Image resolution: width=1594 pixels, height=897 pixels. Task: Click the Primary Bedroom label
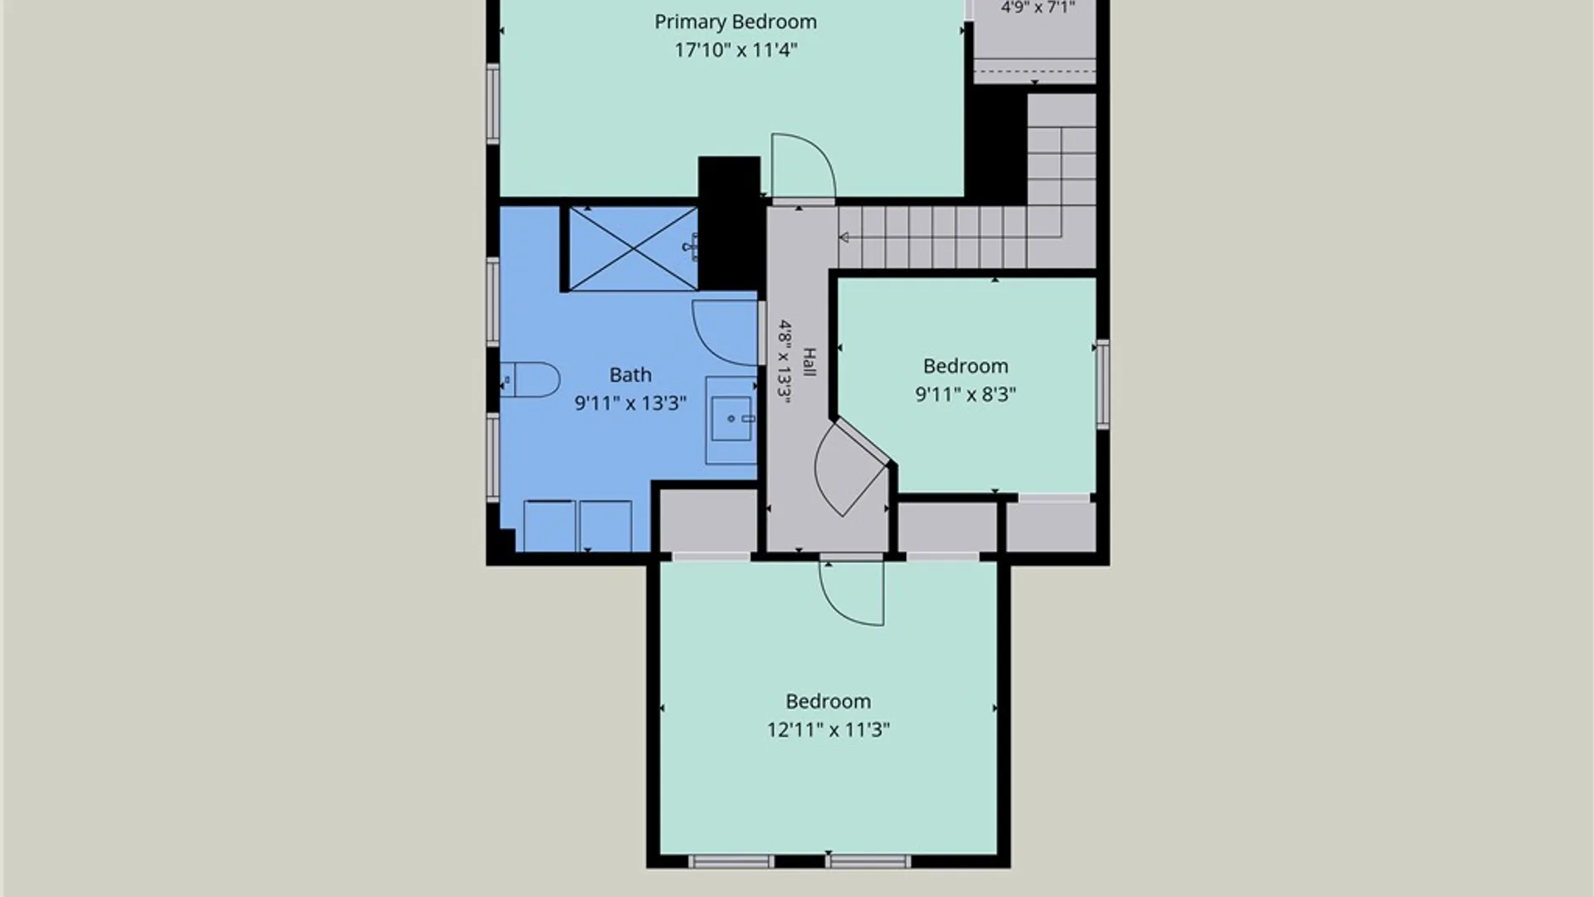736,22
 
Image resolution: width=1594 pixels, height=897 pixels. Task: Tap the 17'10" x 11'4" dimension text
736,50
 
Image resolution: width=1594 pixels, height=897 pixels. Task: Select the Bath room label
630,375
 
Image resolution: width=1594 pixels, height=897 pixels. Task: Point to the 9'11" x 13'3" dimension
630,404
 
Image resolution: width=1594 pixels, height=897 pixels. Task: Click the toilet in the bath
531,380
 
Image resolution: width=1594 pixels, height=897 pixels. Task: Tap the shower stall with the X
633,248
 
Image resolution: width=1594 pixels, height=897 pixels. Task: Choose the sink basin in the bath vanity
731,419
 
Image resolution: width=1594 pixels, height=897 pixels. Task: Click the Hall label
809,362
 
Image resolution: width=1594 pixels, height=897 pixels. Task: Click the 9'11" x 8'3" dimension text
966,395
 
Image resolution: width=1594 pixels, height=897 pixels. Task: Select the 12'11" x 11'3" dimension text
829,730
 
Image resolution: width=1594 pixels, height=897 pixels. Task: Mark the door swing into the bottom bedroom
851,592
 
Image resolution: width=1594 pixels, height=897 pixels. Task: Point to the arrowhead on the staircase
843,238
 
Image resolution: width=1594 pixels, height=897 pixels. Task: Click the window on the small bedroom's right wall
1103,384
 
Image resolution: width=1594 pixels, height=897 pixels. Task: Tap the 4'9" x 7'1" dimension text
1038,7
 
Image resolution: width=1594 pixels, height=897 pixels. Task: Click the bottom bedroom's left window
731,862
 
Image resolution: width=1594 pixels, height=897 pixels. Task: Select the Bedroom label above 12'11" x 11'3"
829,702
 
